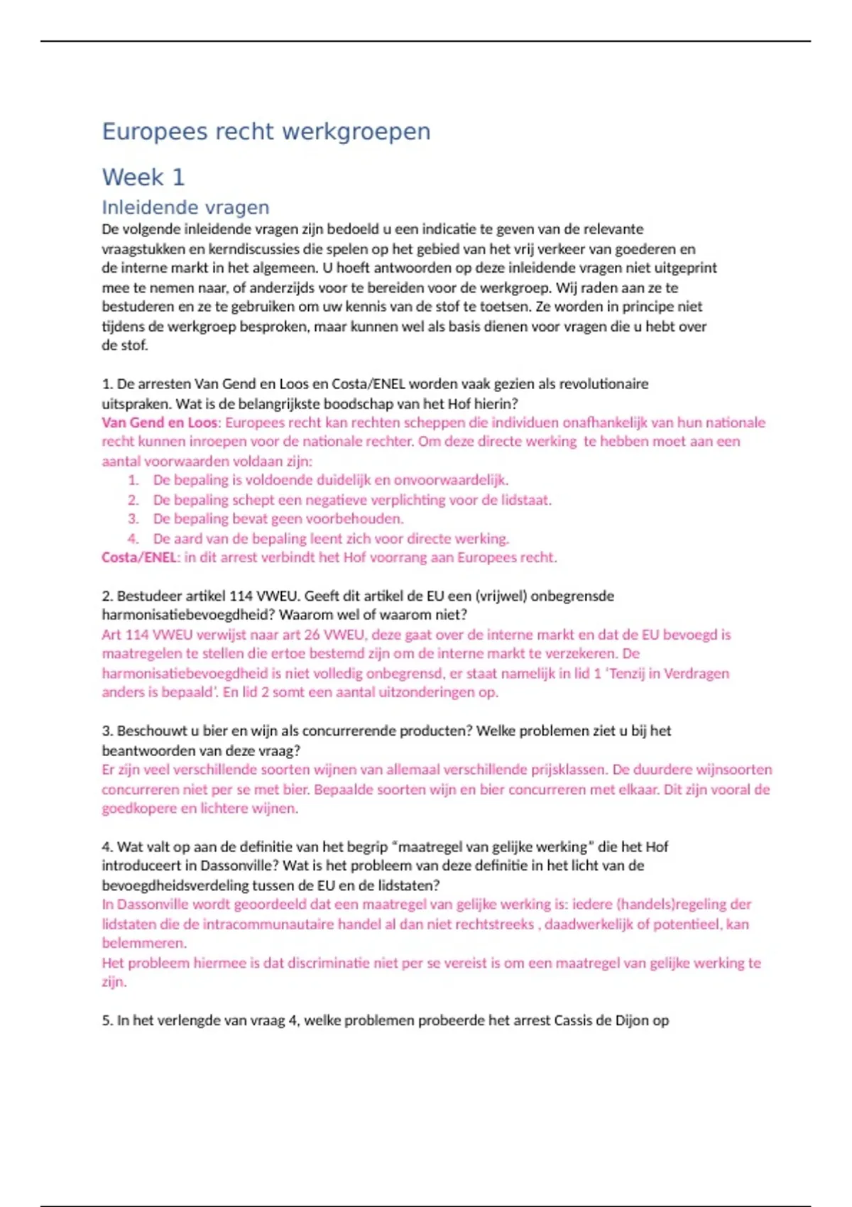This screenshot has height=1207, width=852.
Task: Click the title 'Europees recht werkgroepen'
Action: coord(266,132)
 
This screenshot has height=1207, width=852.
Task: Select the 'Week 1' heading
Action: coord(143,177)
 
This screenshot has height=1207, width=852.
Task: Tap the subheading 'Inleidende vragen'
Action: coord(185,207)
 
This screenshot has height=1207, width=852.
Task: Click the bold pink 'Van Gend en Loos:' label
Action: coord(161,423)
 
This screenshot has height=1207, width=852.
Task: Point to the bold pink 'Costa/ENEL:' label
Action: coord(141,557)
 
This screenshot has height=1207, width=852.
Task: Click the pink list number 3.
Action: coord(133,519)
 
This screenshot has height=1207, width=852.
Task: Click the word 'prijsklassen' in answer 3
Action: coord(567,770)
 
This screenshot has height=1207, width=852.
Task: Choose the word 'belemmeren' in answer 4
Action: coord(143,944)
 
